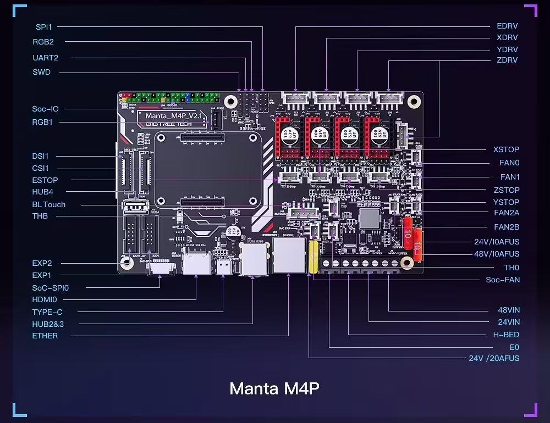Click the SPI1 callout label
point(44,26)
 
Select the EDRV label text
point(507,26)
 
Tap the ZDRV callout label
point(507,60)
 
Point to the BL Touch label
point(48,204)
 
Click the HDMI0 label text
point(45,299)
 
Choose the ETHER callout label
point(45,336)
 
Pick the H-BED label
point(506,335)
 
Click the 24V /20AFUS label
point(494,358)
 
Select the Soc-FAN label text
point(503,280)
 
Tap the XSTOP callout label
point(506,149)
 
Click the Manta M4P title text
point(274,388)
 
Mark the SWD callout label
point(41,72)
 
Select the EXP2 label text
point(42,263)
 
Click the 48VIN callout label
point(509,310)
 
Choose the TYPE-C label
point(47,312)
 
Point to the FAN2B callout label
point(507,227)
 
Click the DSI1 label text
point(40,156)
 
